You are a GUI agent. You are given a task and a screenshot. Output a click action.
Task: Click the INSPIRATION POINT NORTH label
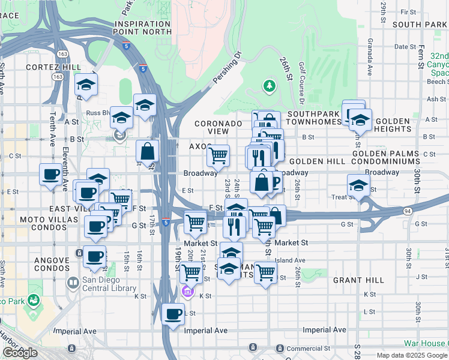point(143,28)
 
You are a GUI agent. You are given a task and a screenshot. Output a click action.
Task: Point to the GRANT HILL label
point(358,280)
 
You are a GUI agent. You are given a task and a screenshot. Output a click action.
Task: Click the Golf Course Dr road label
point(302,84)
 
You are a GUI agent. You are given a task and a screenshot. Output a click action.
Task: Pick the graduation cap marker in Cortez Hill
point(86,85)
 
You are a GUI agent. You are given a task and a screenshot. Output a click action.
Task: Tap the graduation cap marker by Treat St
point(358,184)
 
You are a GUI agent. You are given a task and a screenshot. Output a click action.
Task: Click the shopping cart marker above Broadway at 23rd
point(218,155)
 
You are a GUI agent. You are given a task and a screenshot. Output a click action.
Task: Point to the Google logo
point(20,353)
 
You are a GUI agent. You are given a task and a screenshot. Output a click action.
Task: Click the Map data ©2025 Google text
point(411,355)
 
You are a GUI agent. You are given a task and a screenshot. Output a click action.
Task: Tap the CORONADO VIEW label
point(220,127)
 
